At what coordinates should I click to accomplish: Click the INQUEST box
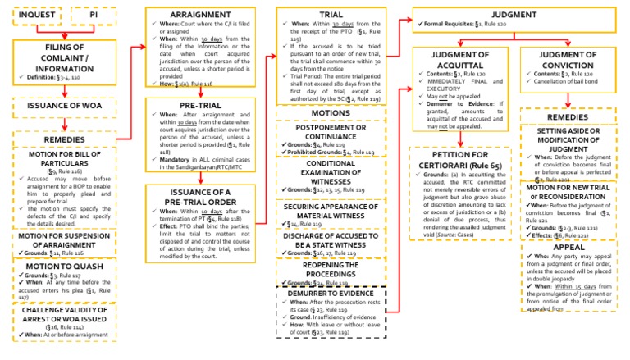pyautogui.click(x=34, y=16)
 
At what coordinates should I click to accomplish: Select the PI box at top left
pyautogui.click(x=95, y=16)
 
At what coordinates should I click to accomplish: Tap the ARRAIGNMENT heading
pyautogui.click(x=199, y=14)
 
